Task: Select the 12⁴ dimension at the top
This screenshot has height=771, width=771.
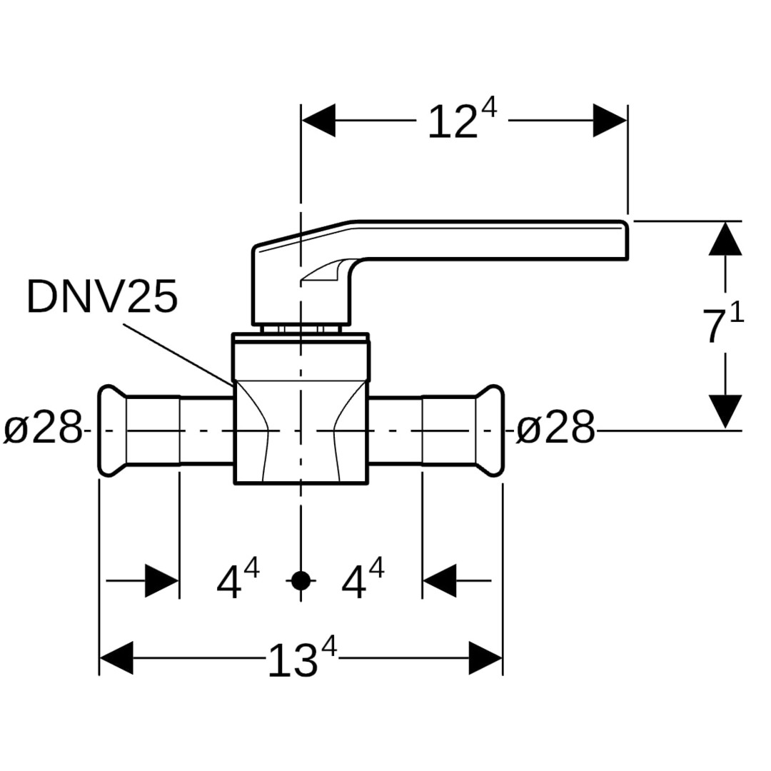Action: coord(461,121)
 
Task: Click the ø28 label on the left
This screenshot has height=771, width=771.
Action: coord(44,430)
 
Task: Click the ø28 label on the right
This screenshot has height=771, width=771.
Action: coord(555,430)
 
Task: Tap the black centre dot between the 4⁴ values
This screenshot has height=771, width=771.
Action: coord(301,580)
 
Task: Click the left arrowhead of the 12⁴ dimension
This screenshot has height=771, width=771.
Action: coord(318,121)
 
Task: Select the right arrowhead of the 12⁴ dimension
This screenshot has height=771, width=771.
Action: coord(610,121)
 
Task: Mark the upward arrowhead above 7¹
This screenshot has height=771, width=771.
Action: coord(725,238)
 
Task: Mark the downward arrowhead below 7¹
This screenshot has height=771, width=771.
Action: coord(725,412)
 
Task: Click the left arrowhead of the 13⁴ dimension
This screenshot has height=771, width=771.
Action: coord(116,658)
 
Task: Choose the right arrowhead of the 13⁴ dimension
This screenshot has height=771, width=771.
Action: coord(485,658)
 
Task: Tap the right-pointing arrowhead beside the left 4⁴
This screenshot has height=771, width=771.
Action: coord(161,580)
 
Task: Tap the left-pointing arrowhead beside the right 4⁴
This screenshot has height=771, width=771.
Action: coord(439,580)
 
